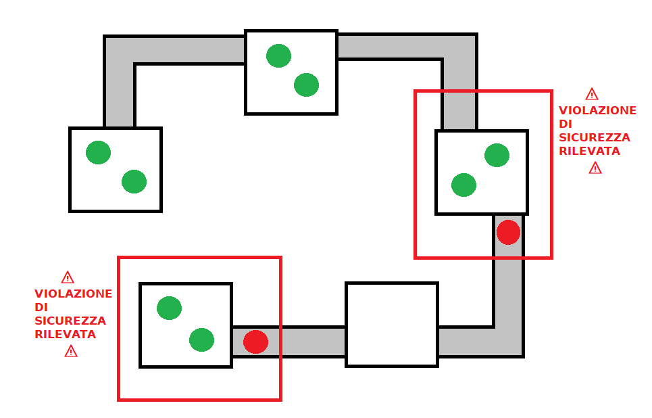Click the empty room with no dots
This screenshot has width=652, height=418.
pyautogui.click(x=392, y=325)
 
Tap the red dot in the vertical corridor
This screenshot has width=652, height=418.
pyautogui.click(x=508, y=232)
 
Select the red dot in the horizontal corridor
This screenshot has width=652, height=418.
pyautogui.click(x=255, y=342)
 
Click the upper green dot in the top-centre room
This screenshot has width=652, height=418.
pyautogui.click(x=278, y=55)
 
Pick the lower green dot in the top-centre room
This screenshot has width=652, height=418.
pyautogui.click(x=307, y=85)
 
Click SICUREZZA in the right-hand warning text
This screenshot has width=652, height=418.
pyautogui.click(x=595, y=137)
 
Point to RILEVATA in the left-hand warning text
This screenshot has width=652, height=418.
pyautogui.click(x=66, y=334)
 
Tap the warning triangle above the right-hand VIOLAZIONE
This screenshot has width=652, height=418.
pyautogui.click(x=592, y=94)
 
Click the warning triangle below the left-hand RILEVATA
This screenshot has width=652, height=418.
pyautogui.click(x=71, y=352)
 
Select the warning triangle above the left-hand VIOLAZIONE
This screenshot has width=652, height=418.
pyautogui.click(x=68, y=277)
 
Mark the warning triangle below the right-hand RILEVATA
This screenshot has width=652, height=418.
pyautogui.click(x=595, y=168)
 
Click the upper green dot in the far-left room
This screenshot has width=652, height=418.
pyautogui.click(x=98, y=152)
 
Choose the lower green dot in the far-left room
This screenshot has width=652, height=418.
pyautogui.click(x=134, y=181)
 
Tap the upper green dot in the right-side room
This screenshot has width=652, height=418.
pyautogui.click(x=497, y=156)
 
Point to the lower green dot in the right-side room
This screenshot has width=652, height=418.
pyautogui.click(x=463, y=185)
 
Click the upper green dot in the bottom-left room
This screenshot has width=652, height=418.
pyautogui.click(x=169, y=308)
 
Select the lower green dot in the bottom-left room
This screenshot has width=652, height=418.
pyautogui.click(x=201, y=340)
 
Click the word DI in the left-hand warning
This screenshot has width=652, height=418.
pyautogui.click(x=41, y=307)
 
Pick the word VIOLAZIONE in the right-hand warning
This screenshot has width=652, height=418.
pyautogui.click(x=597, y=110)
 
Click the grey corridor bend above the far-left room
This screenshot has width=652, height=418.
pyautogui.click(x=120, y=51)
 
